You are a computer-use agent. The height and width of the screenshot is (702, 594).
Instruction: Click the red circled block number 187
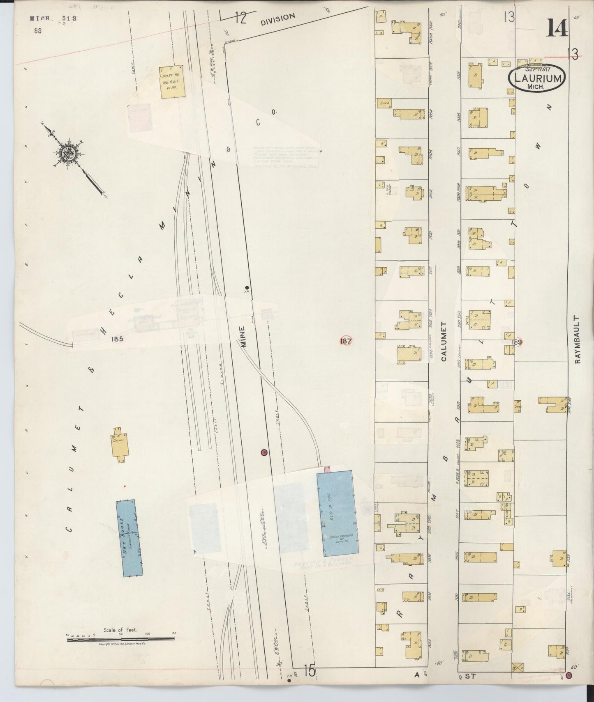(346, 340)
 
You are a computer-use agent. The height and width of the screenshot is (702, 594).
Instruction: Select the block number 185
(117, 340)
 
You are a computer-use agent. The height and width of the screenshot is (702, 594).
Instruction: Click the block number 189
(517, 342)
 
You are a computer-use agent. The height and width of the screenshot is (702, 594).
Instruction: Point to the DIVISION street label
(278, 19)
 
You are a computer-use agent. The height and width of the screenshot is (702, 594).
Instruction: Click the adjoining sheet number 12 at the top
(241, 18)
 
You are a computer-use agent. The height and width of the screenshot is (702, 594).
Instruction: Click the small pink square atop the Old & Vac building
(328, 468)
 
